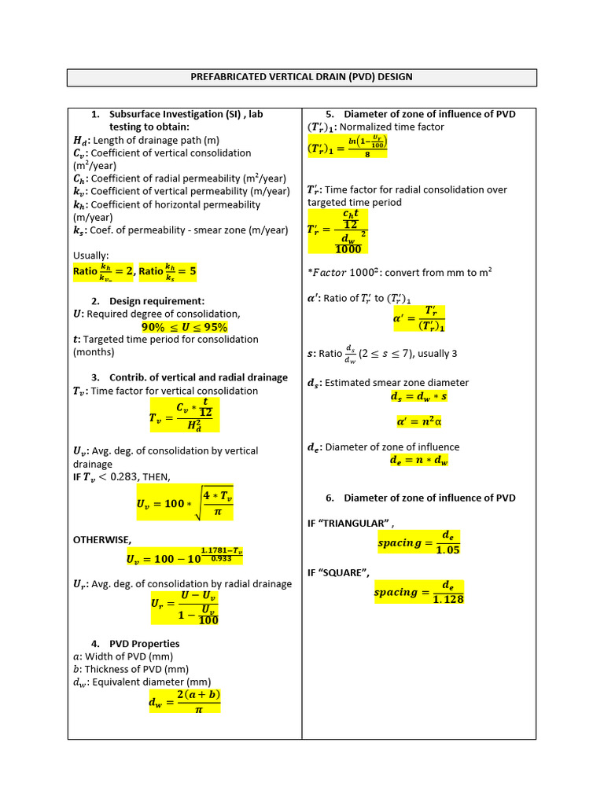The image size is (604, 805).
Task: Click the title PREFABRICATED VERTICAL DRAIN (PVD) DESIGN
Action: [301, 77]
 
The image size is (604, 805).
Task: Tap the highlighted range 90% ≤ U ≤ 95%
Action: [184, 327]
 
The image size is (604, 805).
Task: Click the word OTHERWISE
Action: [101, 540]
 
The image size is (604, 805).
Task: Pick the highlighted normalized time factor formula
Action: [347, 146]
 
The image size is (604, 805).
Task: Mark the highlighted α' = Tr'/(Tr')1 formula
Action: [418, 318]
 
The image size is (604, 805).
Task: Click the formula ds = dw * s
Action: [418, 397]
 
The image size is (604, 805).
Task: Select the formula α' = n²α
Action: [418, 422]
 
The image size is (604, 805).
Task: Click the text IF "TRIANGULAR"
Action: [350, 523]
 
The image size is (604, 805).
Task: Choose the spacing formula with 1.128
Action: [418, 593]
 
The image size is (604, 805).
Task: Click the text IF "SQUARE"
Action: [339, 572]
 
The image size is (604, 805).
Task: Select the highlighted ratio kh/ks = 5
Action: [168, 272]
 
